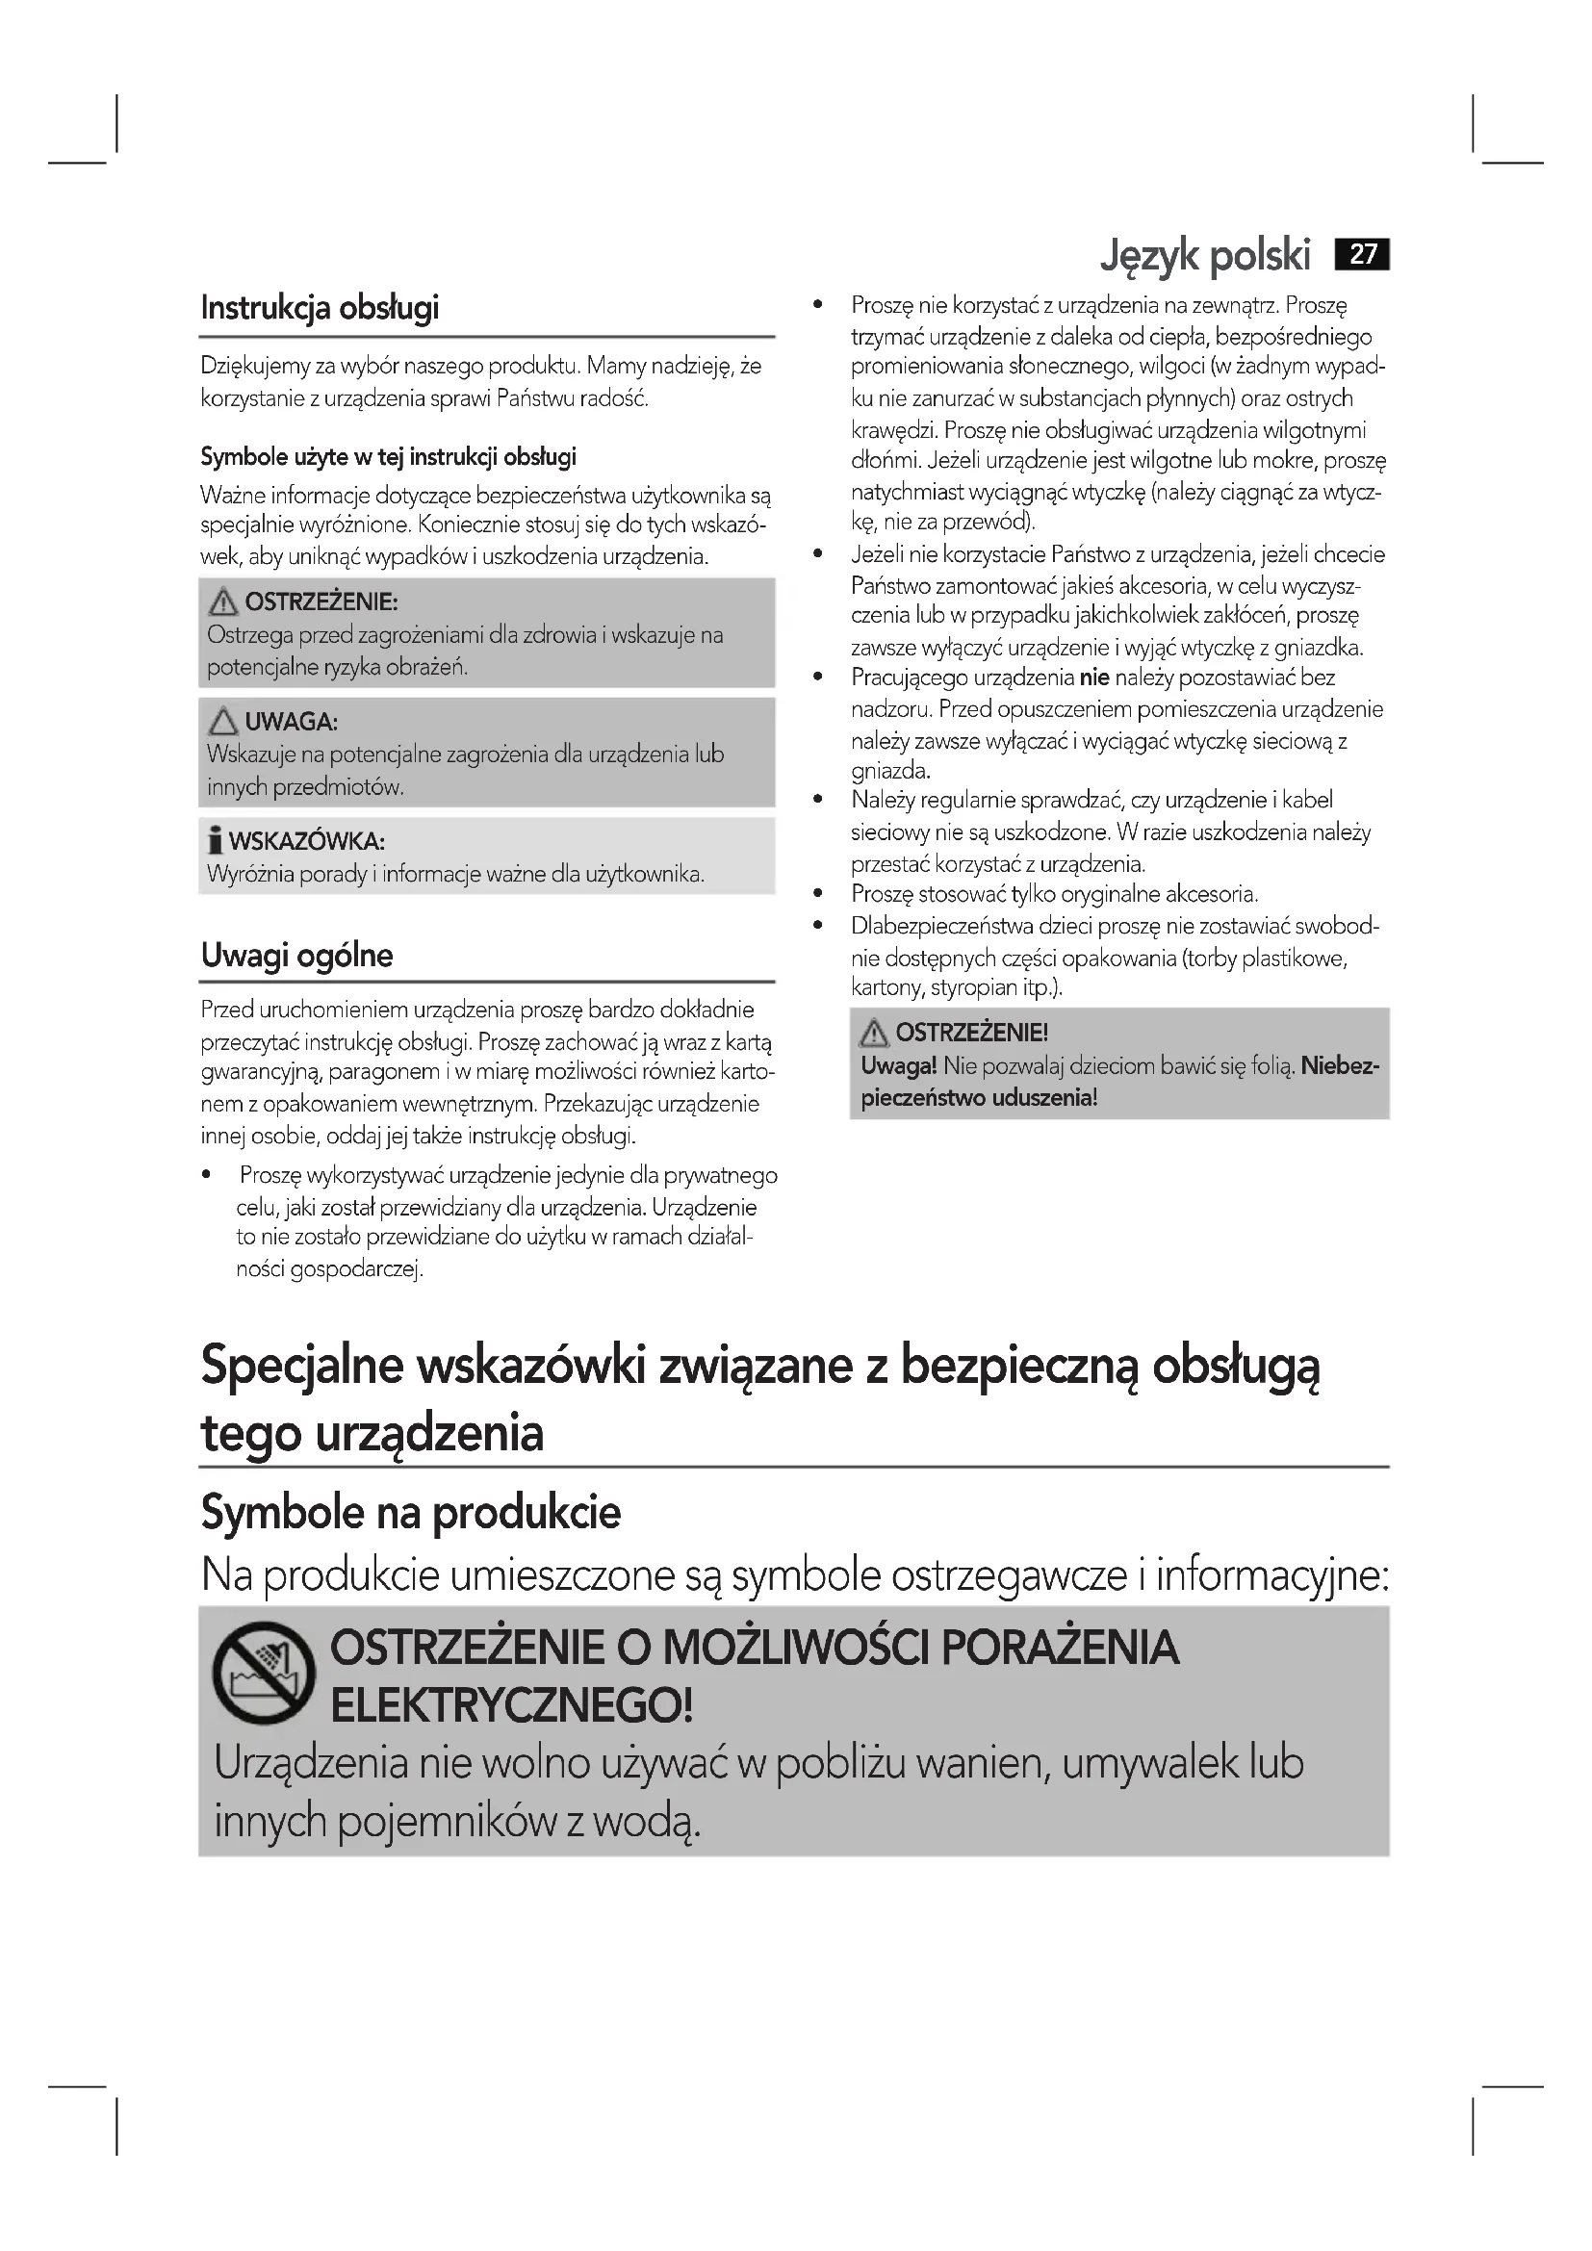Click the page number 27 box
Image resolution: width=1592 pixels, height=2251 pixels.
tap(1362, 255)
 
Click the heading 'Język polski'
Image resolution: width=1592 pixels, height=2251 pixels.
tap(1205, 256)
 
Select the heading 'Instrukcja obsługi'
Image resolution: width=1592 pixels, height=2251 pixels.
tap(320, 308)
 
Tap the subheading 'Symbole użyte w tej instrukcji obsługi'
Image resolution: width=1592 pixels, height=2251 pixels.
tap(388, 457)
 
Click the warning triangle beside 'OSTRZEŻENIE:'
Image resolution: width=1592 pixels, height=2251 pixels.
tap(223, 601)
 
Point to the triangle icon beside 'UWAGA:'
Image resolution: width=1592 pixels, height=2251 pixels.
tap(223, 722)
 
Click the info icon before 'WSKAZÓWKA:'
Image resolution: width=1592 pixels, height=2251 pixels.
tap(215, 841)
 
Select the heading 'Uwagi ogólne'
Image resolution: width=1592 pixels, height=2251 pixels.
tap(297, 955)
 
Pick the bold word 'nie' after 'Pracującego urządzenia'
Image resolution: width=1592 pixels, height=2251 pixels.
tap(1094, 678)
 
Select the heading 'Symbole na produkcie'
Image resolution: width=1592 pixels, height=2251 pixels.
tap(411, 1513)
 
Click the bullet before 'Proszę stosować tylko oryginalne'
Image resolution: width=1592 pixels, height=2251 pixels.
tap(817, 894)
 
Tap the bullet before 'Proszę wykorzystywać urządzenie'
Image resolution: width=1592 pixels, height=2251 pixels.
tap(207, 1175)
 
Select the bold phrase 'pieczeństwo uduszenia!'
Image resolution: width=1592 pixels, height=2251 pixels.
tap(978, 1098)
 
